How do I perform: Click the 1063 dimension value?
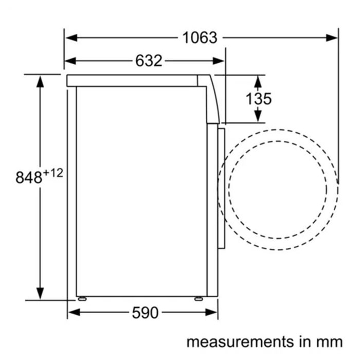click(x=200, y=38)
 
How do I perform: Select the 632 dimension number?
click(x=149, y=61)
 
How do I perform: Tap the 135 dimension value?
click(x=259, y=99)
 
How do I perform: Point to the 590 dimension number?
click(x=145, y=313)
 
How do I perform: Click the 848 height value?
click(x=29, y=177)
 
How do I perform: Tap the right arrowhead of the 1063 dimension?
click(x=332, y=38)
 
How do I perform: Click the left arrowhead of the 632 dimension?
click(x=70, y=61)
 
